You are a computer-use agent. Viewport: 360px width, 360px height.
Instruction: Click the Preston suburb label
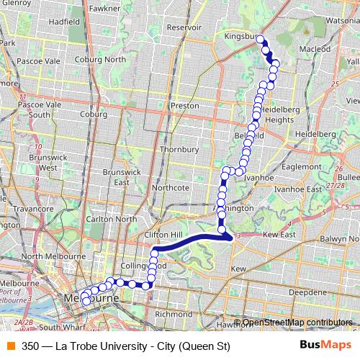pos(185,105)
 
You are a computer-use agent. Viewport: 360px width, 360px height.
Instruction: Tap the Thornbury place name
pos(179,149)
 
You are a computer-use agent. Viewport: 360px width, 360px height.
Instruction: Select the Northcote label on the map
pos(171,187)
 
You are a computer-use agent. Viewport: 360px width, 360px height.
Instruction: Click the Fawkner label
pos(105,8)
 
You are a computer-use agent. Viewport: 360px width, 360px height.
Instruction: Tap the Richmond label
pos(174,315)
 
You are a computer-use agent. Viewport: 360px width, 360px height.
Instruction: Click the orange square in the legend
pos(9,346)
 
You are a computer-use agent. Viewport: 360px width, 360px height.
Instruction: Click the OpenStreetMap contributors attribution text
pos(297,323)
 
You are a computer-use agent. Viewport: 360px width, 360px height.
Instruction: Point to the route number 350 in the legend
pos(30,346)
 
